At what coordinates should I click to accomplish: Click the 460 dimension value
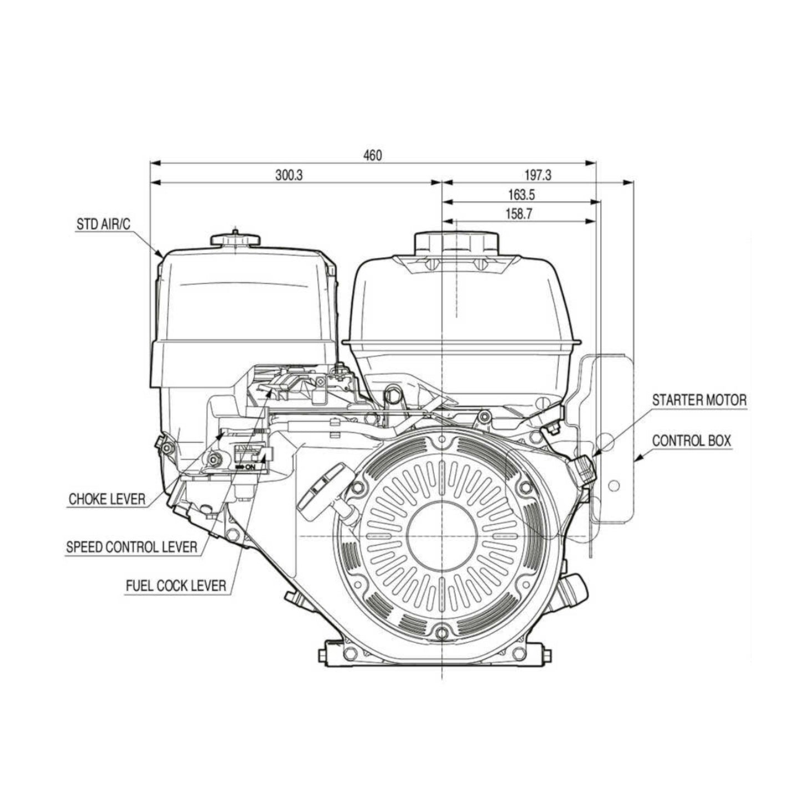click(372, 155)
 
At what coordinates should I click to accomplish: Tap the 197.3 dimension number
click(538, 175)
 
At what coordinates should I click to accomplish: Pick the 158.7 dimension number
click(519, 214)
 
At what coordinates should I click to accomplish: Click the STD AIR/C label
click(103, 225)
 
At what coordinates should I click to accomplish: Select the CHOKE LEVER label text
click(107, 499)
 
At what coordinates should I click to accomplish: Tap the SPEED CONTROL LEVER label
click(131, 547)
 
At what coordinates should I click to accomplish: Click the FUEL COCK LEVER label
click(176, 585)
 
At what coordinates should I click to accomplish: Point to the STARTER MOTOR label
click(699, 400)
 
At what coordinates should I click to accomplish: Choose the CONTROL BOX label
click(691, 441)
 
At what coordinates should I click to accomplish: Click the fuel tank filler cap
click(457, 242)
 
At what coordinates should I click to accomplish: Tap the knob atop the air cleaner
click(235, 239)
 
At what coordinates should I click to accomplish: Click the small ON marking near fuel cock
click(249, 467)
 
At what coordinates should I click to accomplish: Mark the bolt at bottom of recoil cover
click(442, 632)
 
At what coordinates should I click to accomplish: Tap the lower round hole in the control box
click(613, 486)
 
